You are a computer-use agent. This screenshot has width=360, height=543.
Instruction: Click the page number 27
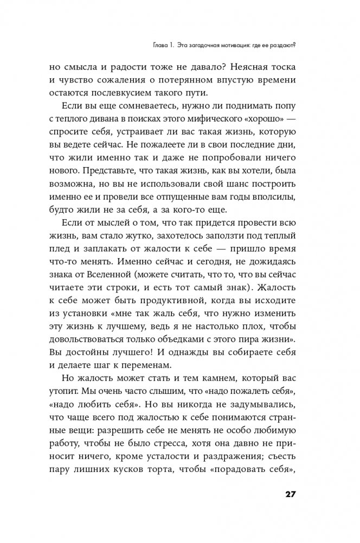click(x=288, y=495)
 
